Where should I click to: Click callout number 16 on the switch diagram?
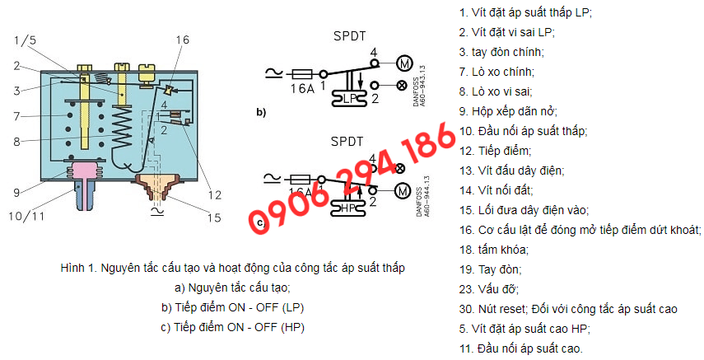[x=182, y=40]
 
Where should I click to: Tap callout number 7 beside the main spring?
[x=16, y=116]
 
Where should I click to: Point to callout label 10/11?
[x=26, y=216]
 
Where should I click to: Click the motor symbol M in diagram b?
[x=404, y=64]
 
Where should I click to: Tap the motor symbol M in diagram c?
[x=402, y=191]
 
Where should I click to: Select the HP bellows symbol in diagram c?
[x=348, y=208]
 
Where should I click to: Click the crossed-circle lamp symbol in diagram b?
[x=402, y=86]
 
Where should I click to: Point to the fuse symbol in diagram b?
[x=302, y=72]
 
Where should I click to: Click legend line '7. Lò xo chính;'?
[x=497, y=72]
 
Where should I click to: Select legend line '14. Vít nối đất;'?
[x=496, y=190]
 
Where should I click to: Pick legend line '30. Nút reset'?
[x=493, y=309]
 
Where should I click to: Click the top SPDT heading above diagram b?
[x=350, y=36]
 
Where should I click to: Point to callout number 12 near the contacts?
[x=215, y=195]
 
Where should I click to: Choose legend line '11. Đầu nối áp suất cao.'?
[x=521, y=348]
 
